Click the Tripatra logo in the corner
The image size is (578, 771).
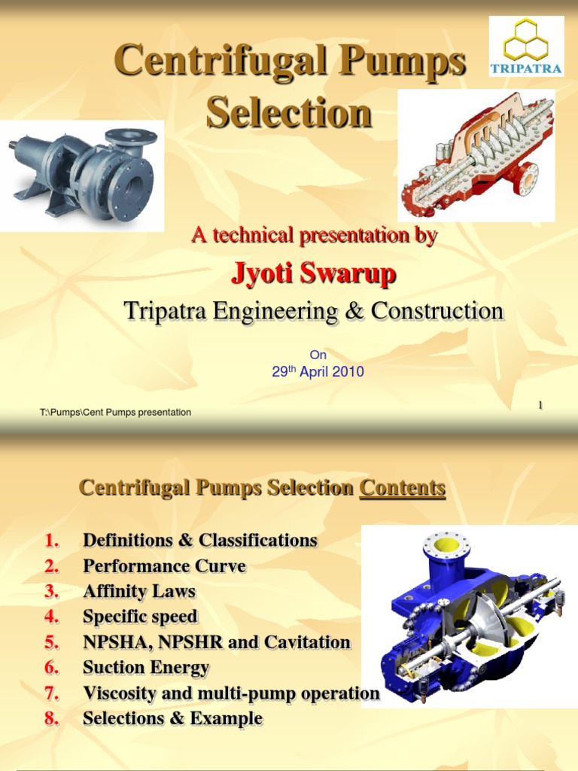(526, 46)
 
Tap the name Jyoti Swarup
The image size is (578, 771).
(313, 275)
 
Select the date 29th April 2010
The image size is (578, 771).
(318, 371)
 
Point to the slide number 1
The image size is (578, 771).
(540, 406)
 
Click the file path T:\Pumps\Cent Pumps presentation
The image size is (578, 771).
(115, 412)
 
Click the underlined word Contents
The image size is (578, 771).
(403, 488)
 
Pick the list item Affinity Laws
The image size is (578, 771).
(139, 591)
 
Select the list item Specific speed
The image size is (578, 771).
(140, 617)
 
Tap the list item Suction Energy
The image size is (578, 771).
(146, 667)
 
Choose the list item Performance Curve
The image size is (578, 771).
(164, 565)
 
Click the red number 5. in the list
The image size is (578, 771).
(51, 642)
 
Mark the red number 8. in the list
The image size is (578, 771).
(51, 718)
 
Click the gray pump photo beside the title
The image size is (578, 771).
(83, 175)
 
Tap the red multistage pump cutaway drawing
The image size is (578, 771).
(476, 155)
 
